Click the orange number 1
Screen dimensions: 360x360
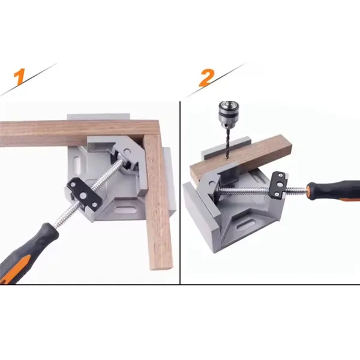coord(19,76)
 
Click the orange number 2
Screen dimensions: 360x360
coord(206,78)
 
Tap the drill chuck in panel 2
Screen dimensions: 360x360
coord(229,114)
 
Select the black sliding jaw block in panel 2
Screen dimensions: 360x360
coord(279,184)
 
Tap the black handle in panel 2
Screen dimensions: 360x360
coord(334,191)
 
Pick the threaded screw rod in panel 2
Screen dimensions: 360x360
coord(262,190)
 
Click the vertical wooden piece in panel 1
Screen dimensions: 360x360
coord(158,202)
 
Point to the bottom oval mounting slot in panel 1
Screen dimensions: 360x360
coord(125,210)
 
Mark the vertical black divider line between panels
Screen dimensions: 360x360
coord(180,193)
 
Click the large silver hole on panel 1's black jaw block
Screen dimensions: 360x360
coord(83,196)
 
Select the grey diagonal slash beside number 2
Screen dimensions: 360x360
coord(216,80)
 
